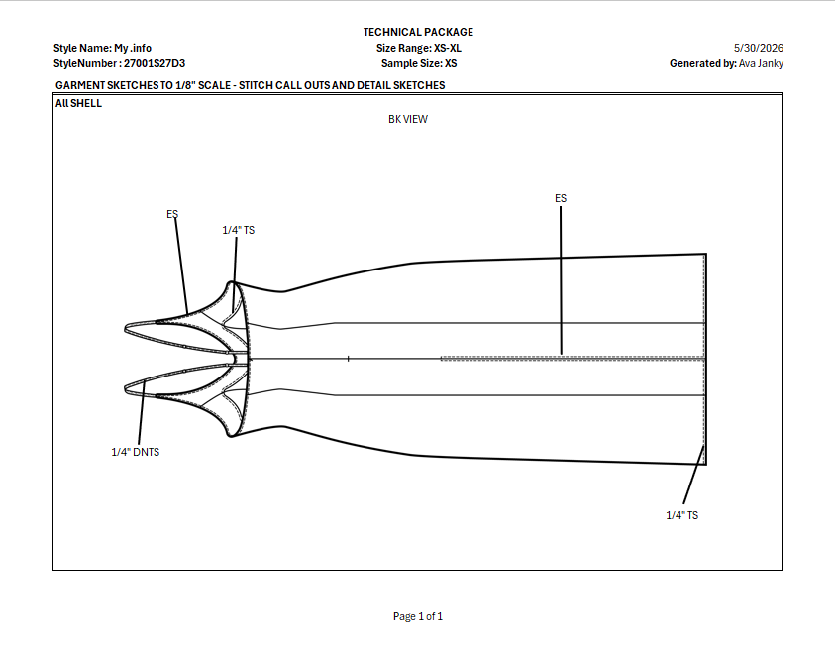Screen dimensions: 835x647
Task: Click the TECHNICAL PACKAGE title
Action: pyautogui.click(x=418, y=32)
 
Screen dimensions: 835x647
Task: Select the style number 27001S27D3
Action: pyautogui.click(x=155, y=63)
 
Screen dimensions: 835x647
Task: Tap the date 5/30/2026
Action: pyautogui.click(x=759, y=48)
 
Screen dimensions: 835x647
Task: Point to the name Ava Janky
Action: pyautogui.click(x=761, y=63)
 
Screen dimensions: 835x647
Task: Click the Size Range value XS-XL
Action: pyautogui.click(x=448, y=48)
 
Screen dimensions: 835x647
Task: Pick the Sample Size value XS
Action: pyautogui.click(x=451, y=63)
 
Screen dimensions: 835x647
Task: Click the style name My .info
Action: pyautogui.click(x=133, y=48)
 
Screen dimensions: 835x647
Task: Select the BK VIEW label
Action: pyautogui.click(x=408, y=119)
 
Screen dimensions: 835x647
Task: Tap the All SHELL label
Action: pyautogui.click(x=79, y=103)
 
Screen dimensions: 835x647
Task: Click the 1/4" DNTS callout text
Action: pyautogui.click(x=136, y=452)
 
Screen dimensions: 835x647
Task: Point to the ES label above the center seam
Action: pyautogui.click(x=561, y=198)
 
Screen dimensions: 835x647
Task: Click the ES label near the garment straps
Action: pyautogui.click(x=172, y=214)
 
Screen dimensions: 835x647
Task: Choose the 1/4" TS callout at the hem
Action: pyautogui.click(x=682, y=515)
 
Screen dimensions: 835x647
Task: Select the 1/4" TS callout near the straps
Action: pyautogui.click(x=239, y=230)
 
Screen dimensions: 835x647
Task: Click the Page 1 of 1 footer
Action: pyautogui.click(x=418, y=616)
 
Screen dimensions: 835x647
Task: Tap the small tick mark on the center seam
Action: pyautogui.click(x=349, y=359)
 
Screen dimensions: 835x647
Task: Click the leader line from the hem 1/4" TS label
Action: pyautogui.click(x=694, y=475)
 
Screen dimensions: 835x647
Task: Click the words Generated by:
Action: pyautogui.click(x=703, y=63)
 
